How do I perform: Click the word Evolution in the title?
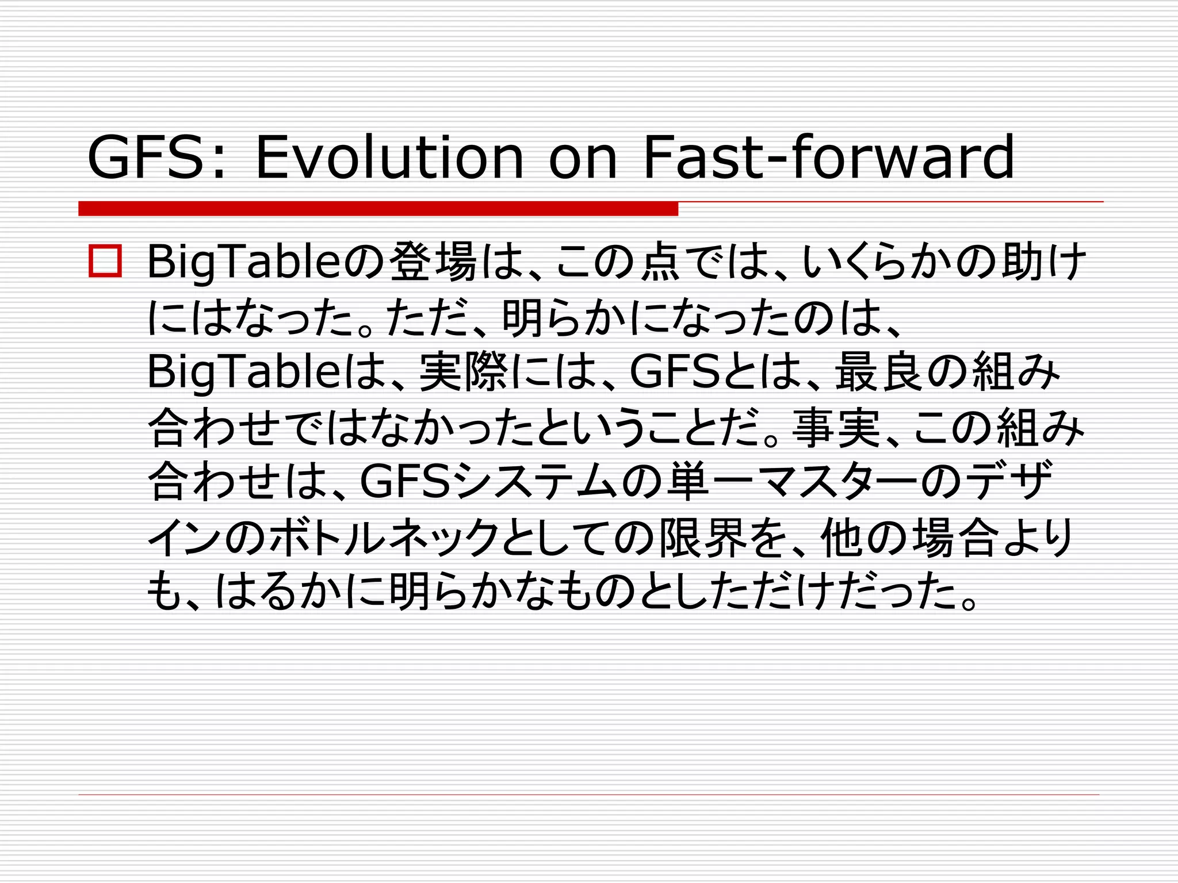tap(389, 156)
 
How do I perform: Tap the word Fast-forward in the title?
tap(828, 156)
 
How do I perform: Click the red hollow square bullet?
tap(105, 262)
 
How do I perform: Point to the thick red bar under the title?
tap(378, 209)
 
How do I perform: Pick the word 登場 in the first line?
tap(434, 262)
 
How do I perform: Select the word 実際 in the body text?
tap(464, 373)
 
